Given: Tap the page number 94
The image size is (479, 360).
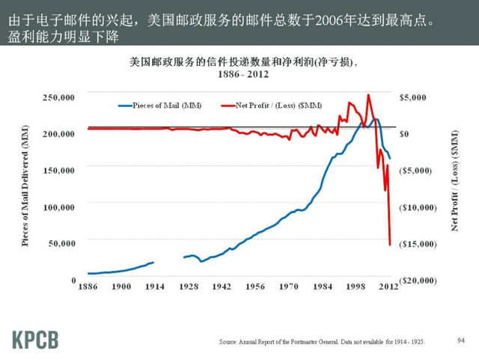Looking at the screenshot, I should [460, 341].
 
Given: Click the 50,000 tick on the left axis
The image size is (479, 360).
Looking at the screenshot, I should [61, 243].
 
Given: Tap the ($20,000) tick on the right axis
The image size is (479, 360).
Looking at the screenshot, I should [416, 280].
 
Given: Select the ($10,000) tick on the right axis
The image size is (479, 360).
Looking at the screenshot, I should [416, 207].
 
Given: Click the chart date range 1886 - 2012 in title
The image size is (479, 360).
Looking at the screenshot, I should [240, 75].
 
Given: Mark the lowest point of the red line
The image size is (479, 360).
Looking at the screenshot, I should [390, 244].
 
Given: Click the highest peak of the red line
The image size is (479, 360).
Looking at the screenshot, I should [368, 95].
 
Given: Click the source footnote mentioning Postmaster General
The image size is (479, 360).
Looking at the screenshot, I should [322, 341].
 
